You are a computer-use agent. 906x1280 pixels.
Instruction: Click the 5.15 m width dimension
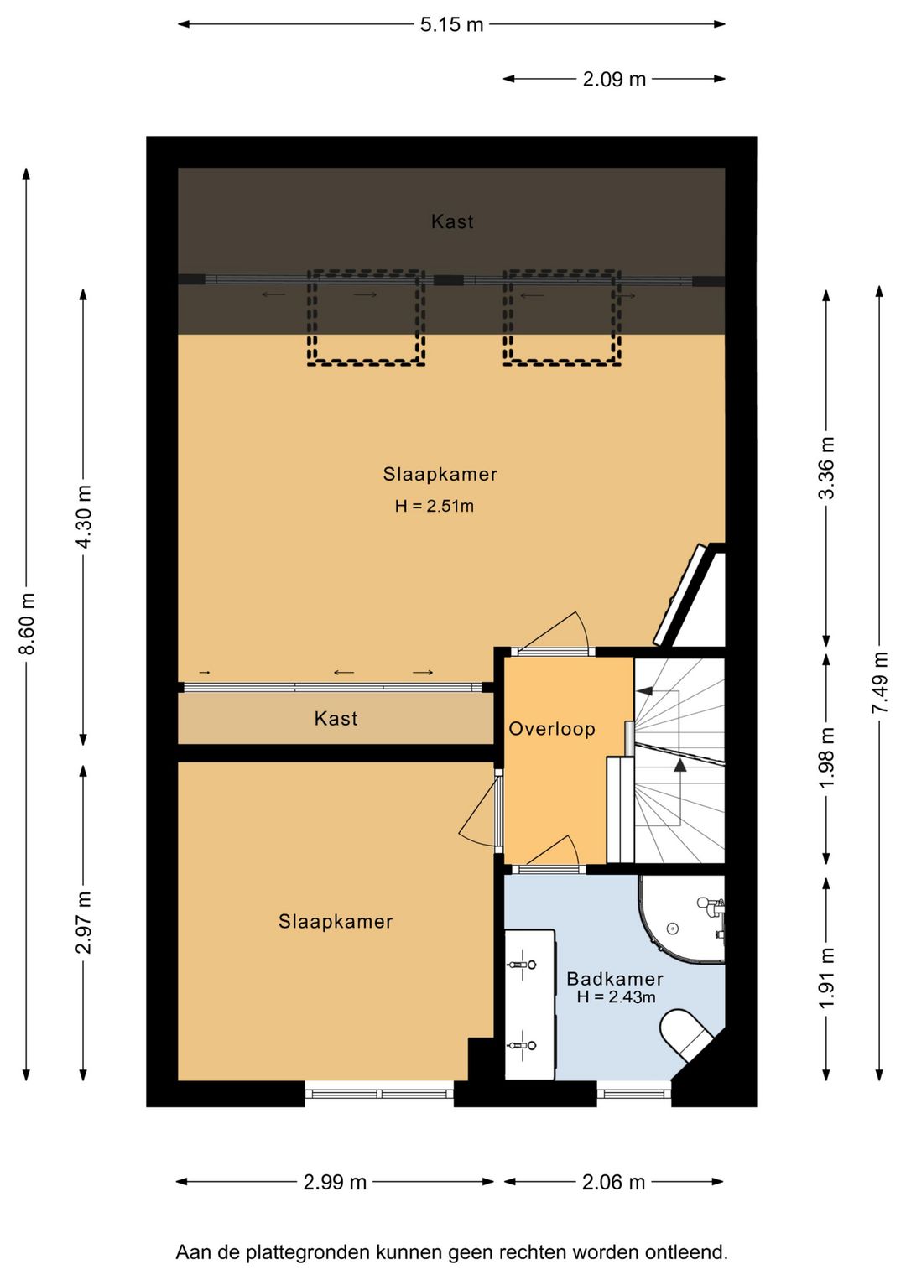pos(451,24)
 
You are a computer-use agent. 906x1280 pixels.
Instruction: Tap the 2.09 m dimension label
pos(614,79)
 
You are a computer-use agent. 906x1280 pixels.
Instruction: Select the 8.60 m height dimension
pos(28,624)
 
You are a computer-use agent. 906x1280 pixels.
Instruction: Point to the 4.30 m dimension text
pos(84,517)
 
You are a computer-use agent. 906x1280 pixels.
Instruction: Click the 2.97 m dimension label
pos(84,923)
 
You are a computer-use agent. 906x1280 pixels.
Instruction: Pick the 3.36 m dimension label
pos(826,467)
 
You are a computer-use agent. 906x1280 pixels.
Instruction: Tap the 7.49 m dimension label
pos(880,682)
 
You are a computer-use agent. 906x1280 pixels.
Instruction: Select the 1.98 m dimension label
pos(826,757)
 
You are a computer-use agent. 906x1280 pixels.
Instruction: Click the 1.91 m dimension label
pos(826,978)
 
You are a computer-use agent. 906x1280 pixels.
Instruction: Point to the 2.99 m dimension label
pos(335,1183)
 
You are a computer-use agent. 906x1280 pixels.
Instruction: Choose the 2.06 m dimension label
pos(613,1183)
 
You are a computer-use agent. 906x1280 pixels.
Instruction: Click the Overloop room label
pos(552,729)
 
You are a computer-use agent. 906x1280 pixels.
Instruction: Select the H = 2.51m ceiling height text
pos(435,507)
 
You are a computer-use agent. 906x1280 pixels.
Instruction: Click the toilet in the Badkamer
pos(686,1034)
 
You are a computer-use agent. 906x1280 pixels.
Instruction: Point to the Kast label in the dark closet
pos(452,221)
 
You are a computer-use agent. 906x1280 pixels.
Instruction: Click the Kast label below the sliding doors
pos(336,718)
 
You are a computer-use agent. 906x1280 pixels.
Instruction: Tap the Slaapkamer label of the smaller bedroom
pos(336,922)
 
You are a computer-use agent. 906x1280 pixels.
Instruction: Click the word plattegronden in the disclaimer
pos(308,1252)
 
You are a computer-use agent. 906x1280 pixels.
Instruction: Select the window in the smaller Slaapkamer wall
pos(379,1095)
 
